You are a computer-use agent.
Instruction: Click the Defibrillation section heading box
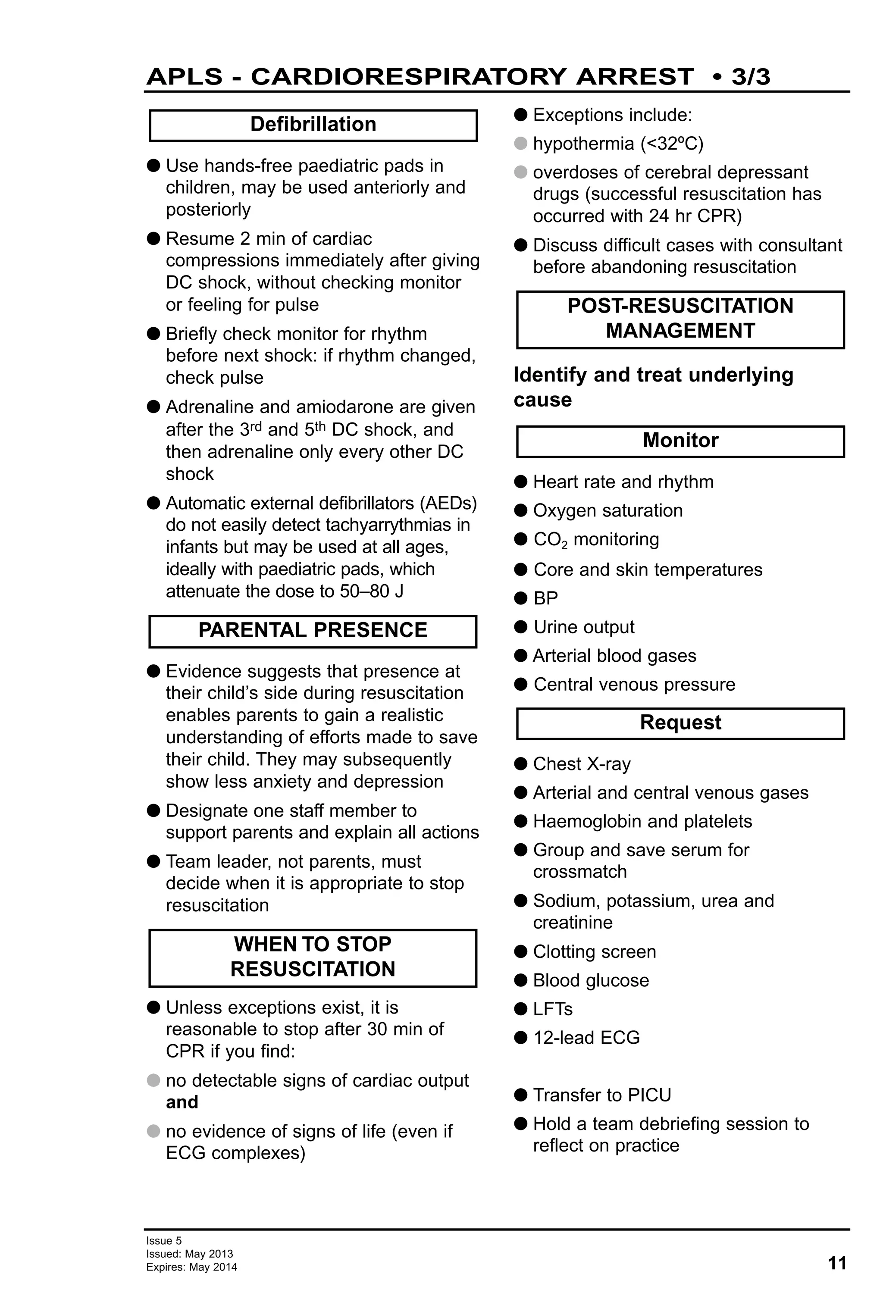[x=313, y=125]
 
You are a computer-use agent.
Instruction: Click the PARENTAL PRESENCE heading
[x=313, y=630]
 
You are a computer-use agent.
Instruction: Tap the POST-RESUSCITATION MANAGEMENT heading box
[x=680, y=319]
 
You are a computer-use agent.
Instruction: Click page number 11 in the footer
[x=837, y=1263]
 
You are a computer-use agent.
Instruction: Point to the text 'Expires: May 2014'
[x=191, y=1267]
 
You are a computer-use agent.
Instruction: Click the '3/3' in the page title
[x=751, y=77]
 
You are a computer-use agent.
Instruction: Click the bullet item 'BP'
[x=545, y=598]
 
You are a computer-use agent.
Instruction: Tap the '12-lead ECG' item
[x=586, y=1038]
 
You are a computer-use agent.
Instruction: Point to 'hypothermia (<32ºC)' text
[x=617, y=144]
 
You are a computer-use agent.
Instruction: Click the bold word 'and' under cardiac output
[x=182, y=1102]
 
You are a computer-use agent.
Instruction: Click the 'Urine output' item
[x=584, y=627]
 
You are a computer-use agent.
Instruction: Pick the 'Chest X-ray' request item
[x=581, y=764]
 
